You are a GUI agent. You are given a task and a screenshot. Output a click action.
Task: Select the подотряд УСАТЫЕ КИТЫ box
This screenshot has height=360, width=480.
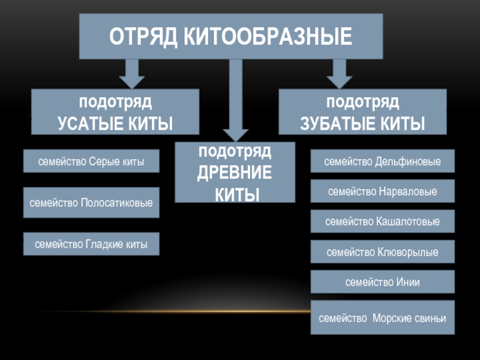tap(115, 112)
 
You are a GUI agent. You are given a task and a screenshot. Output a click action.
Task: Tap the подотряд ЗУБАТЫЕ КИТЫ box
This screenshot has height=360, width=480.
tap(362, 112)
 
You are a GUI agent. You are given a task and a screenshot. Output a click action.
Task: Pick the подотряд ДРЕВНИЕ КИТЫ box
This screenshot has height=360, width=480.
tap(235, 172)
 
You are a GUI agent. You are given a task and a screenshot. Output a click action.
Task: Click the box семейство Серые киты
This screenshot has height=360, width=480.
tap(91, 161)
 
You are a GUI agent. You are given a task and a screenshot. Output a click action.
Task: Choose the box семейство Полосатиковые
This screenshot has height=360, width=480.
tap(91, 203)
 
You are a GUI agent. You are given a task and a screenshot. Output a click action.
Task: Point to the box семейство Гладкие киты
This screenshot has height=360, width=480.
tap(91, 244)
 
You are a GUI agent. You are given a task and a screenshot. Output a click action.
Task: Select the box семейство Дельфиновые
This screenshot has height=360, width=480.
tap(383, 161)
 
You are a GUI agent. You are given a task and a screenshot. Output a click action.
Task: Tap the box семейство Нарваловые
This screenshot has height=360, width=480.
tap(383, 191)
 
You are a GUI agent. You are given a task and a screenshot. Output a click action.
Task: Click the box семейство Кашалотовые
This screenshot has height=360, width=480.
tap(383, 221)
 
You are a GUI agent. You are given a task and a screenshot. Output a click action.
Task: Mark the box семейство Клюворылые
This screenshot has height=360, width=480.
tap(383, 252)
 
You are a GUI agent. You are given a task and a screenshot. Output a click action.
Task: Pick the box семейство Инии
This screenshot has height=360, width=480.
tap(383, 282)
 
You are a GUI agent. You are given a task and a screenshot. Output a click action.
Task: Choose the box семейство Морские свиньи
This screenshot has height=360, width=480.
tap(383, 318)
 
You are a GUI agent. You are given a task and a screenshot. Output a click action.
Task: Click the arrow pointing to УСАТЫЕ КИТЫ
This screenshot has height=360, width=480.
tap(131, 73)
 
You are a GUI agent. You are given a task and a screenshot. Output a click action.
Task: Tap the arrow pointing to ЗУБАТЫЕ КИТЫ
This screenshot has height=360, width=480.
tap(339, 73)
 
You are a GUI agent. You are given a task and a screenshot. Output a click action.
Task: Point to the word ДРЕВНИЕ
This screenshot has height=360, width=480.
tap(235, 172)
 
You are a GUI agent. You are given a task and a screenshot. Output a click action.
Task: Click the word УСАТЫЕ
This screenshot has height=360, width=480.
tap(88, 124)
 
